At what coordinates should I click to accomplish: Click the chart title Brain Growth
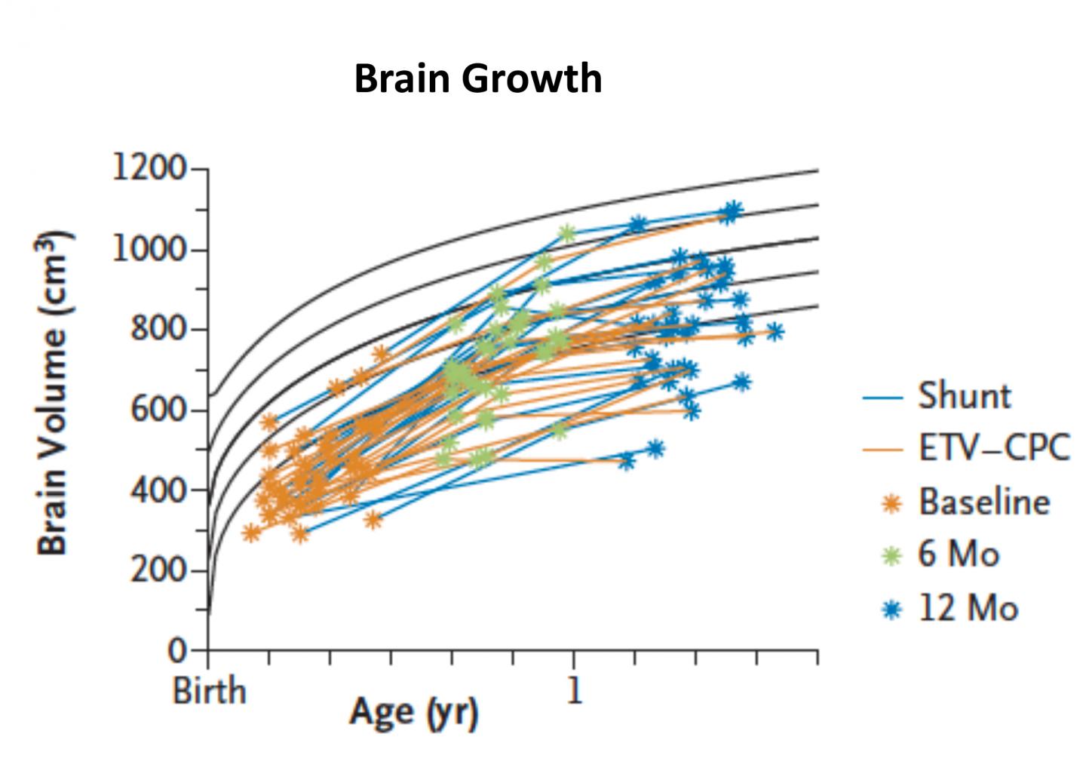(477, 78)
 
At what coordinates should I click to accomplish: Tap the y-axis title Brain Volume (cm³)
(54, 392)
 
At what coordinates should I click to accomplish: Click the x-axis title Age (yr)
(413, 711)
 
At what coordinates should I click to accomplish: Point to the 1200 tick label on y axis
(149, 167)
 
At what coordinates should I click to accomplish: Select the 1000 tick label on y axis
(149, 249)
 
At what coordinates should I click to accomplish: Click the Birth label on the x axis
(209, 690)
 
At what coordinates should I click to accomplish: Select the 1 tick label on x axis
(575, 690)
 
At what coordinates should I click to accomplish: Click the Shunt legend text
(964, 396)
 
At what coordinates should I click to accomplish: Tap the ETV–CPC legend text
(993, 449)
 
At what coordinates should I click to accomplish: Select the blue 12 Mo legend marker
(891, 609)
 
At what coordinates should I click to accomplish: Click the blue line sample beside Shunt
(882, 397)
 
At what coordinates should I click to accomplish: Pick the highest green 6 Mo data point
(567, 234)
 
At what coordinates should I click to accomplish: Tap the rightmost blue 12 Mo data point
(774, 331)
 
